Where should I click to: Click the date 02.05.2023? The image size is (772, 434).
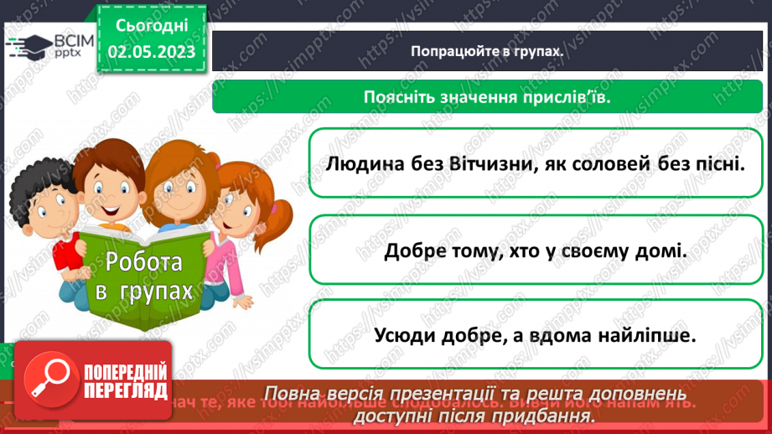coord(151,52)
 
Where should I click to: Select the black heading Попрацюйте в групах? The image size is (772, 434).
coord(486,50)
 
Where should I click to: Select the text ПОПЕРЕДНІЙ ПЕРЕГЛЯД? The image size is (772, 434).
coord(127,381)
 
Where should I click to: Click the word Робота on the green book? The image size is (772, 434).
coord(144,262)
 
